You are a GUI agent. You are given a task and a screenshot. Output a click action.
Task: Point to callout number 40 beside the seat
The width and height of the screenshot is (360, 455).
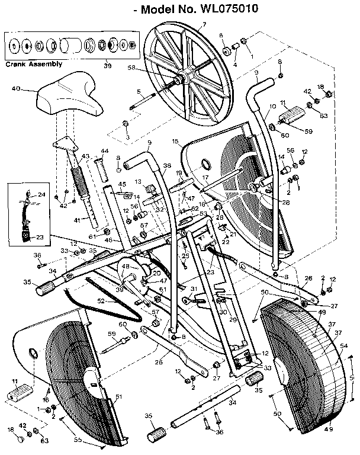[x=15, y=89]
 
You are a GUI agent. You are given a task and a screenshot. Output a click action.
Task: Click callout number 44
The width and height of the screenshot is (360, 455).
[x=105, y=151]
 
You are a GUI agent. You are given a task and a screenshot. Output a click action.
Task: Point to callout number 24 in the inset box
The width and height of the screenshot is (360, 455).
[x=41, y=194]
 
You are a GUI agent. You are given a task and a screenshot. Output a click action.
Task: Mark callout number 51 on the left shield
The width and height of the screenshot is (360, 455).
[x=118, y=397]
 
